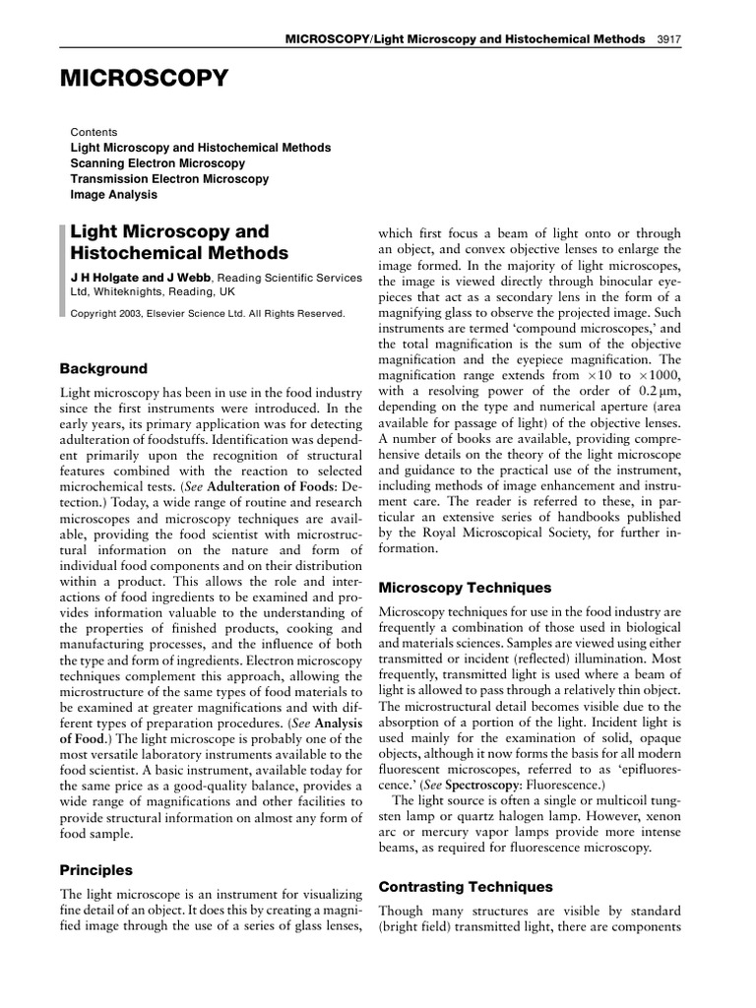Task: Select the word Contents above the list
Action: [94, 131]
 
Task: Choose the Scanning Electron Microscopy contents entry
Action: [157, 163]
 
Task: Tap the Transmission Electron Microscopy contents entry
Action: [169, 179]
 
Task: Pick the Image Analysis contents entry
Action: [113, 195]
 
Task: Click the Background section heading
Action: [104, 368]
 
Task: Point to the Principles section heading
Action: [96, 870]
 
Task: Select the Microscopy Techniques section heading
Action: [465, 587]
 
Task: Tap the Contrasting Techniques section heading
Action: [466, 886]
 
